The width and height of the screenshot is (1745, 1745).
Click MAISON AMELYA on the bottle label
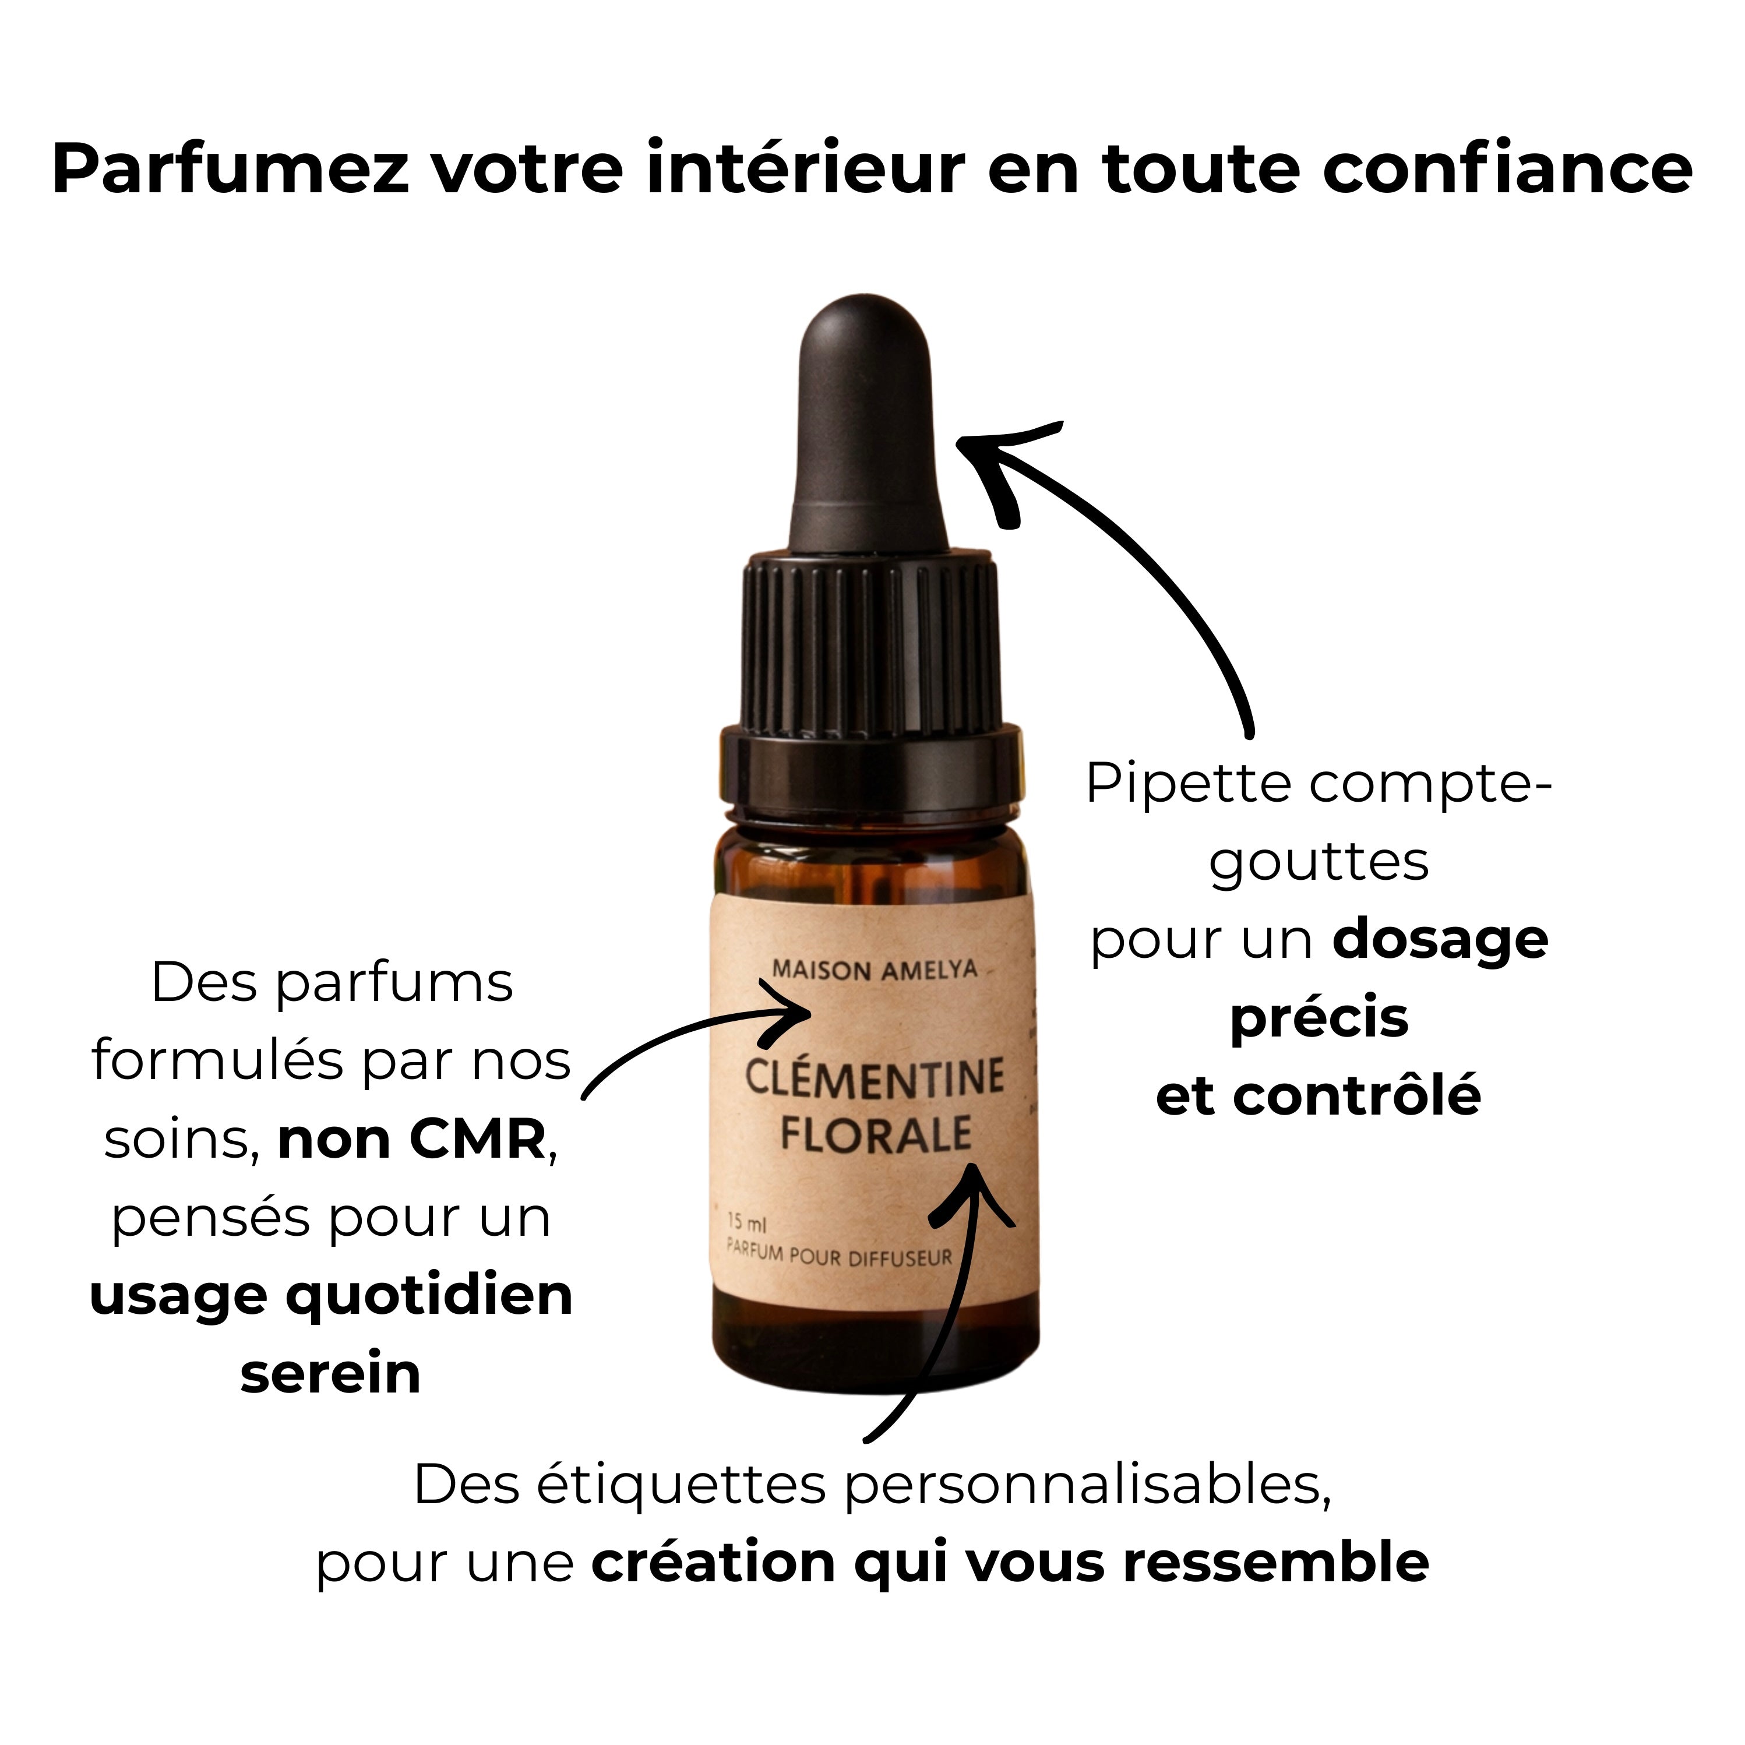875,970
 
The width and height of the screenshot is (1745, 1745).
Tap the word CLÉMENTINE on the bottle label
875,1079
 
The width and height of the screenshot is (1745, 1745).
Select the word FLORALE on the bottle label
875,1134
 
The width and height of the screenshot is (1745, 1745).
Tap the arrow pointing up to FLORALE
949,1300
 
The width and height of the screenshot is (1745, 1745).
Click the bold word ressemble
1275,1563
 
